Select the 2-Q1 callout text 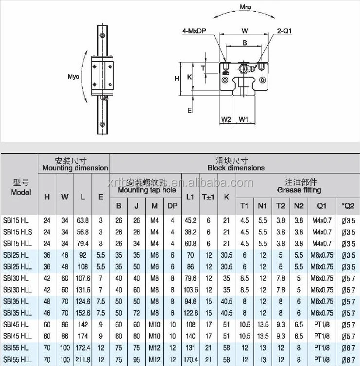tap(284, 32)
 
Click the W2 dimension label tap(226, 119)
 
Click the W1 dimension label tap(244, 119)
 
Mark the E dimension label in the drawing tap(189, 110)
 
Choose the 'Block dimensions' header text tap(236, 168)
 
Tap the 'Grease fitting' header tap(299, 190)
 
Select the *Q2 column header tap(348, 206)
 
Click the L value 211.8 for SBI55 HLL tap(83, 360)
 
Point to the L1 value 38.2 tap(190, 232)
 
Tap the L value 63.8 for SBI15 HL tap(83, 220)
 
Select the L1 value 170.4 tap(190, 360)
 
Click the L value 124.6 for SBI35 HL tap(83, 301)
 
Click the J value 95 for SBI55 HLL tap(137, 360)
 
